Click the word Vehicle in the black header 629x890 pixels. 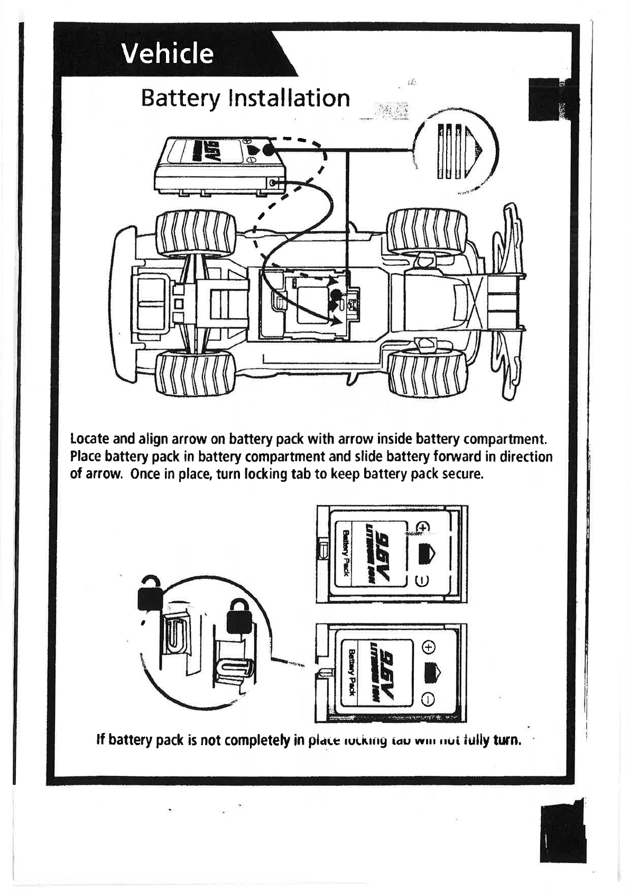(x=168, y=53)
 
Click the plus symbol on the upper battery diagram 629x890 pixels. (x=423, y=527)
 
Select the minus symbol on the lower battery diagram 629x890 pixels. (x=428, y=701)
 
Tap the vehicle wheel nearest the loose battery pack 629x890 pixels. (x=195, y=233)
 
